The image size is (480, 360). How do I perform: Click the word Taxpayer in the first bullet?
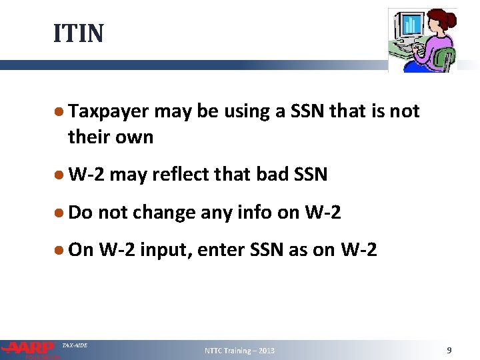point(109,111)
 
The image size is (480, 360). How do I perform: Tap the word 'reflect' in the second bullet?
point(176,175)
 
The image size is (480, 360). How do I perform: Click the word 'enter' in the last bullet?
point(241,250)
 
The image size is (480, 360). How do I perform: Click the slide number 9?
point(449,349)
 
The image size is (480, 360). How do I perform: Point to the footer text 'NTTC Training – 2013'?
point(239,351)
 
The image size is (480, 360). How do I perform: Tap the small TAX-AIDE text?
point(74,345)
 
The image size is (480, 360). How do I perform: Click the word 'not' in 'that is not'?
point(405,111)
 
